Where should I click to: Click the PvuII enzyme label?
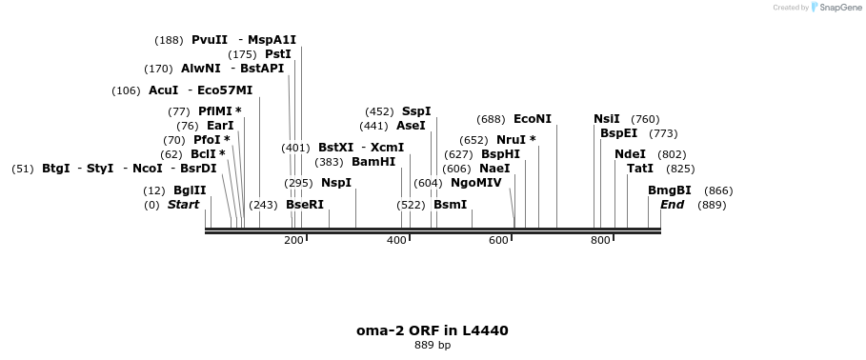click(x=210, y=40)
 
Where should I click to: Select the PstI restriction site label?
click(x=278, y=54)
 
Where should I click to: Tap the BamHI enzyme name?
click(x=373, y=162)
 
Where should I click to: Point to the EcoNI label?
click(x=533, y=119)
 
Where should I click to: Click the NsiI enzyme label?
click(x=607, y=119)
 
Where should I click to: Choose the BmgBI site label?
click(x=670, y=190)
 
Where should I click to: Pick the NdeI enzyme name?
click(x=631, y=154)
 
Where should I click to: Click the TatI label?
click(x=640, y=169)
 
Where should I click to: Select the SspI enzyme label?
click(x=416, y=111)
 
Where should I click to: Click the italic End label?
click(x=673, y=205)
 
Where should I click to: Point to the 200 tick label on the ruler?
click(x=293, y=240)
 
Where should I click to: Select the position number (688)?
click(x=492, y=119)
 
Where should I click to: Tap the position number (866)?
click(x=718, y=190)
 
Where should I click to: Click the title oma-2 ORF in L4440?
click(x=433, y=330)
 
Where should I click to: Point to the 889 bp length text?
click(x=433, y=345)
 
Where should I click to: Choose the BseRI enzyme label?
click(x=305, y=205)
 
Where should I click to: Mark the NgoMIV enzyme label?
click(x=476, y=183)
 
